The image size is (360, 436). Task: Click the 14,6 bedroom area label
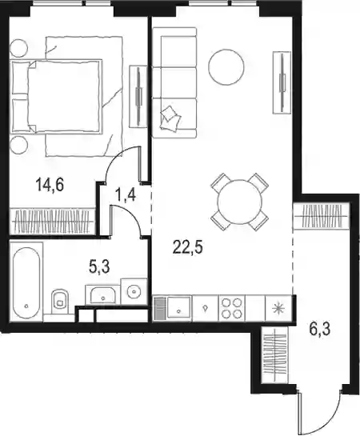coord(50,185)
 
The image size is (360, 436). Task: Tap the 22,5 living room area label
coord(188,247)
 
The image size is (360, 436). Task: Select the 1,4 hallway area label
coord(126,194)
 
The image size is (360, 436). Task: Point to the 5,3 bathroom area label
coord(99,267)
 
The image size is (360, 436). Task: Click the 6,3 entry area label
coord(320,329)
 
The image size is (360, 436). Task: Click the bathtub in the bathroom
coord(26,282)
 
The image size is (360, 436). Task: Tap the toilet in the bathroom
coord(60,300)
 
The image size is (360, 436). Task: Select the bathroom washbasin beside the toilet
coord(103,294)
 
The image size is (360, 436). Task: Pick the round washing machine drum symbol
coord(134,292)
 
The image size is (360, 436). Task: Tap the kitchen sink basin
coord(178,308)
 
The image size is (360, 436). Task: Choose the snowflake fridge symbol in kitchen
coord(278,308)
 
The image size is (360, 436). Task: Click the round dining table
coord(240,202)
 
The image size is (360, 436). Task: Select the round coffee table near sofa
coord(226,67)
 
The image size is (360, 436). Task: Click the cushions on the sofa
coord(170,118)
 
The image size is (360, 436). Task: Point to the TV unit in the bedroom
coord(138,97)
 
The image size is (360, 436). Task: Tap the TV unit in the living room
coord(282,82)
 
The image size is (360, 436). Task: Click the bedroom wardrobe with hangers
coord(53,220)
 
